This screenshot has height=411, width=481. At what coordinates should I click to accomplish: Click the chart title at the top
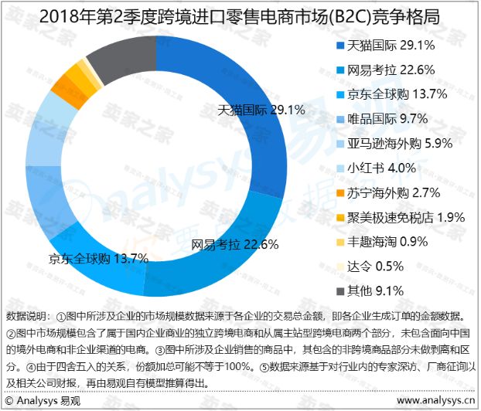point(240,15)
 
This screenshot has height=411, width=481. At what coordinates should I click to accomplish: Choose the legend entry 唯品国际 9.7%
point(388,120)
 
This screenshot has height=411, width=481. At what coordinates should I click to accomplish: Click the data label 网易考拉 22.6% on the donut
point(234,245)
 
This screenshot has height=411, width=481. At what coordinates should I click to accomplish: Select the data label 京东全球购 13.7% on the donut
point(97,257)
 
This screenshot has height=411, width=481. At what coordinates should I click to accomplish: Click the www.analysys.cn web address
point(436,402)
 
